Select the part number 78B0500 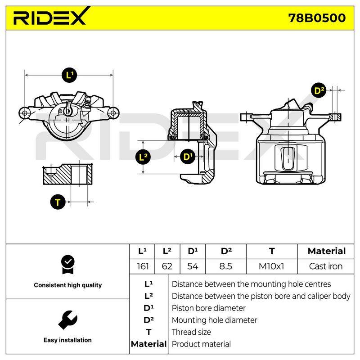coord(317,18)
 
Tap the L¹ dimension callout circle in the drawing coord(69,75)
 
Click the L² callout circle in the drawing coord(143,157)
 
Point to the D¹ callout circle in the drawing coord(188,157)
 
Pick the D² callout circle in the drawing coord(319,90)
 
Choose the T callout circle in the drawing coord(58,202)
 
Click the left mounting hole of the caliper coord(25,113)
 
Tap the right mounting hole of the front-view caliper coord(113,113)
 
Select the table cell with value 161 coord(143,266)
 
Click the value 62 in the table coord(167,266)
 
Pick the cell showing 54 coord(193,266)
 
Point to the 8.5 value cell coord(226,266)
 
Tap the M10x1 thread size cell coord(271,266)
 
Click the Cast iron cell coord(325,266)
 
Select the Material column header coord(327,251)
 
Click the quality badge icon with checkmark coord(68,265)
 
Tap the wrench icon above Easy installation coord(68,320)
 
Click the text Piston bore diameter coord(208,308)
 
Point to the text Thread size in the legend coord(191,332)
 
